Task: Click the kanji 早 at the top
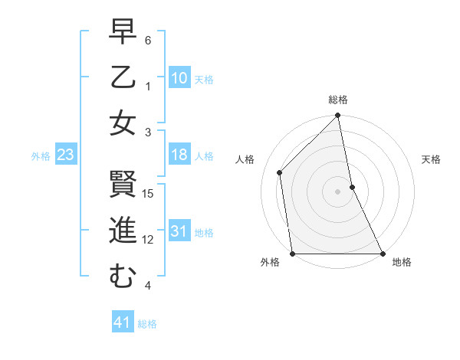[123, 33]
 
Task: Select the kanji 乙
[123, 77]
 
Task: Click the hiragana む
[123, 276]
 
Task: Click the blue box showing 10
[179, 78]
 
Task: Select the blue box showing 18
[179, 155]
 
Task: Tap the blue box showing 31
[179, 231]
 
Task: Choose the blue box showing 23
[66, 155]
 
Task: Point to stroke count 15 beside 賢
[149, 194]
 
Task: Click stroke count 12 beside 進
[149, 240]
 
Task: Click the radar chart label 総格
[338, 100]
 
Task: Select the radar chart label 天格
[432, 159]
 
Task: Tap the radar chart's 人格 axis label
[245, 159]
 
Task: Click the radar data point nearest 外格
[292, 254]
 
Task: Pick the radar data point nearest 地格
[383, 254]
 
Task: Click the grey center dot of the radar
[337, 191]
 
